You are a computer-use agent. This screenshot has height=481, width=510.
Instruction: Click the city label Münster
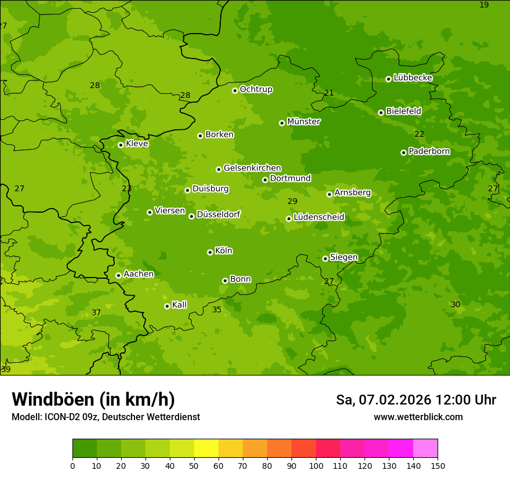tap(304, 122)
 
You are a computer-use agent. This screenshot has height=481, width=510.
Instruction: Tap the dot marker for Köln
tap(210, 252)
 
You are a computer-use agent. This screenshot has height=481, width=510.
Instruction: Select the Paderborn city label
tap(429, 151)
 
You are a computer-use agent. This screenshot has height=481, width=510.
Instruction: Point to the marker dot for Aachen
tap(118, 275)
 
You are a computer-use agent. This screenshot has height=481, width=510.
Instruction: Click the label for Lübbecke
tap(413, 78)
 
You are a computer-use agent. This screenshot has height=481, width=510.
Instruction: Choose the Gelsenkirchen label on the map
tap(252, 168)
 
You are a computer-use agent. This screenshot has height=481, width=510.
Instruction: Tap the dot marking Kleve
tap(121, 145)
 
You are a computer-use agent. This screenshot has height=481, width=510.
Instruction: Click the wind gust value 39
tap(6, 369)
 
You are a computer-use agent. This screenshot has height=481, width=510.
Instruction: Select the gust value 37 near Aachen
tap(96, 312)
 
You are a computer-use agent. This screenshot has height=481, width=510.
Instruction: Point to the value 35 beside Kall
tap(217, 309)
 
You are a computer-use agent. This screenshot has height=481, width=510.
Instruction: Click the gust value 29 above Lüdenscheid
tap(293, 201)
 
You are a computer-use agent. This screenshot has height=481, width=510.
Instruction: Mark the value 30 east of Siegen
tap(456, 304)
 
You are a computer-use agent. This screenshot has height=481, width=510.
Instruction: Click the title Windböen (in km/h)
tap(93, 399)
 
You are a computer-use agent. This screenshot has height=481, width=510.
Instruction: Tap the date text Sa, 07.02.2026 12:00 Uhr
tap(416, 400)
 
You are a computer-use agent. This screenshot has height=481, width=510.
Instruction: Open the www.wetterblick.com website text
tap(418, 417)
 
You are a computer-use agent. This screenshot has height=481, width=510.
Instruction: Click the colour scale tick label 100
tap(316, 465)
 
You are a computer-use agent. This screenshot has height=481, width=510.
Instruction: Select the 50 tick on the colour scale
tap(194, 465)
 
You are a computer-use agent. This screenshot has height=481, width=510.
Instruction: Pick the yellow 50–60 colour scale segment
tap(206, 449)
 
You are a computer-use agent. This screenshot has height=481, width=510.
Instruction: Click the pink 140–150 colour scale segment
tap(425, 449)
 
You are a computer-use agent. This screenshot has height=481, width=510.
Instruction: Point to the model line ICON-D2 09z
tap(105, 417)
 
